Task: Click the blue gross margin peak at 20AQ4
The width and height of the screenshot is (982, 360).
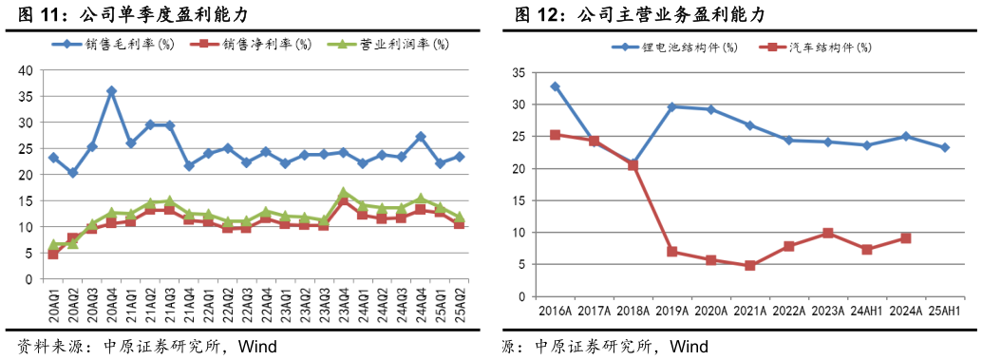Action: pyautogui.click(x=111, y=91)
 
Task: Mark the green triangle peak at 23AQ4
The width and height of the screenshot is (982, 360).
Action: pyautogui.click(x=344, y=193)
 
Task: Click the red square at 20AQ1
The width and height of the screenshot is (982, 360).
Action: pyautogui.click(x=53, y=255)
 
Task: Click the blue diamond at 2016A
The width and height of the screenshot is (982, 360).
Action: pyautogui.click(x=556, y=86)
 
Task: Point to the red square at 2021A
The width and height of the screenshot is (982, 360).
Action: pyautogui.click(x=750, y=266)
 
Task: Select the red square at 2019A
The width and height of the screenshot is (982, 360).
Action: pyautogui.click(x=672, y=252)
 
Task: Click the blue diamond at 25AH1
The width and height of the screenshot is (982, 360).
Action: pyautogui.click(x=945, y=147)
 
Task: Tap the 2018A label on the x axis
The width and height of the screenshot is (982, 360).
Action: pyautogui.click(x=632, y=311)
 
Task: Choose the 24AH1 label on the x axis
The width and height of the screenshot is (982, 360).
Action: pyautogui.click(x=866, y=311)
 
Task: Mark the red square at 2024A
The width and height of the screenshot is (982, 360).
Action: pyautogui.click(x=906, y=237)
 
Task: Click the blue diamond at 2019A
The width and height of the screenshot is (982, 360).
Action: pyautogui.click(x=672, y=106)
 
